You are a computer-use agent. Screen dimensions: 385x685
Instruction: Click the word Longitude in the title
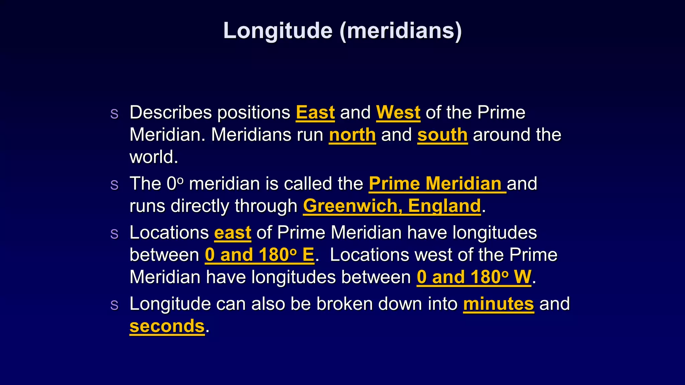click(x=278, y=31)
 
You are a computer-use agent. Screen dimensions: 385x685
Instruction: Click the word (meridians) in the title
click(x=401, y=31)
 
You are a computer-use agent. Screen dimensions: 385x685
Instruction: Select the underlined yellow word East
click(x=315, y=112)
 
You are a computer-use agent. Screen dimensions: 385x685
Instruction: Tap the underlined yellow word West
click(x=398, y=112)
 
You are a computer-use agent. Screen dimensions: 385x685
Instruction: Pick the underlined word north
click(x=352, y=135)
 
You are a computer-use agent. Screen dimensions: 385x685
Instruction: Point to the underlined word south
click(x=442, y=135)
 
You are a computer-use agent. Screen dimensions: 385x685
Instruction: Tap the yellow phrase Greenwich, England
click(x=392, y=206)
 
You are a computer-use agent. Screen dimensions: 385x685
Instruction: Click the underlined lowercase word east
click(x=232, y=233)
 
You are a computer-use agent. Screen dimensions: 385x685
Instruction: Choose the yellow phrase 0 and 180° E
click(x=259, y=255)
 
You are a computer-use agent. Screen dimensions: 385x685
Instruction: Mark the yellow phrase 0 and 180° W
click(x=474, y=277)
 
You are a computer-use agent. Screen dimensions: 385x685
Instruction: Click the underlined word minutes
click(x=498, y=304)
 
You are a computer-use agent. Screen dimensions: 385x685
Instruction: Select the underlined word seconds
click(x=167, y=326)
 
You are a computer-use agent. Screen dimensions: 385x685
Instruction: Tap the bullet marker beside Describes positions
click(x=114, y=114)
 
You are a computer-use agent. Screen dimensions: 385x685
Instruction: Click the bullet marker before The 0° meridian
click(x=114, y=185)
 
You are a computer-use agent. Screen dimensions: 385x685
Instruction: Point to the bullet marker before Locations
click(x=114, y=234)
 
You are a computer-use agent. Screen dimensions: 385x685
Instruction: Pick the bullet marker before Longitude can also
click(x=114, y=305)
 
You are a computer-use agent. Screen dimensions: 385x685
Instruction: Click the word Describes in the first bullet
click(x=171, y=112)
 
